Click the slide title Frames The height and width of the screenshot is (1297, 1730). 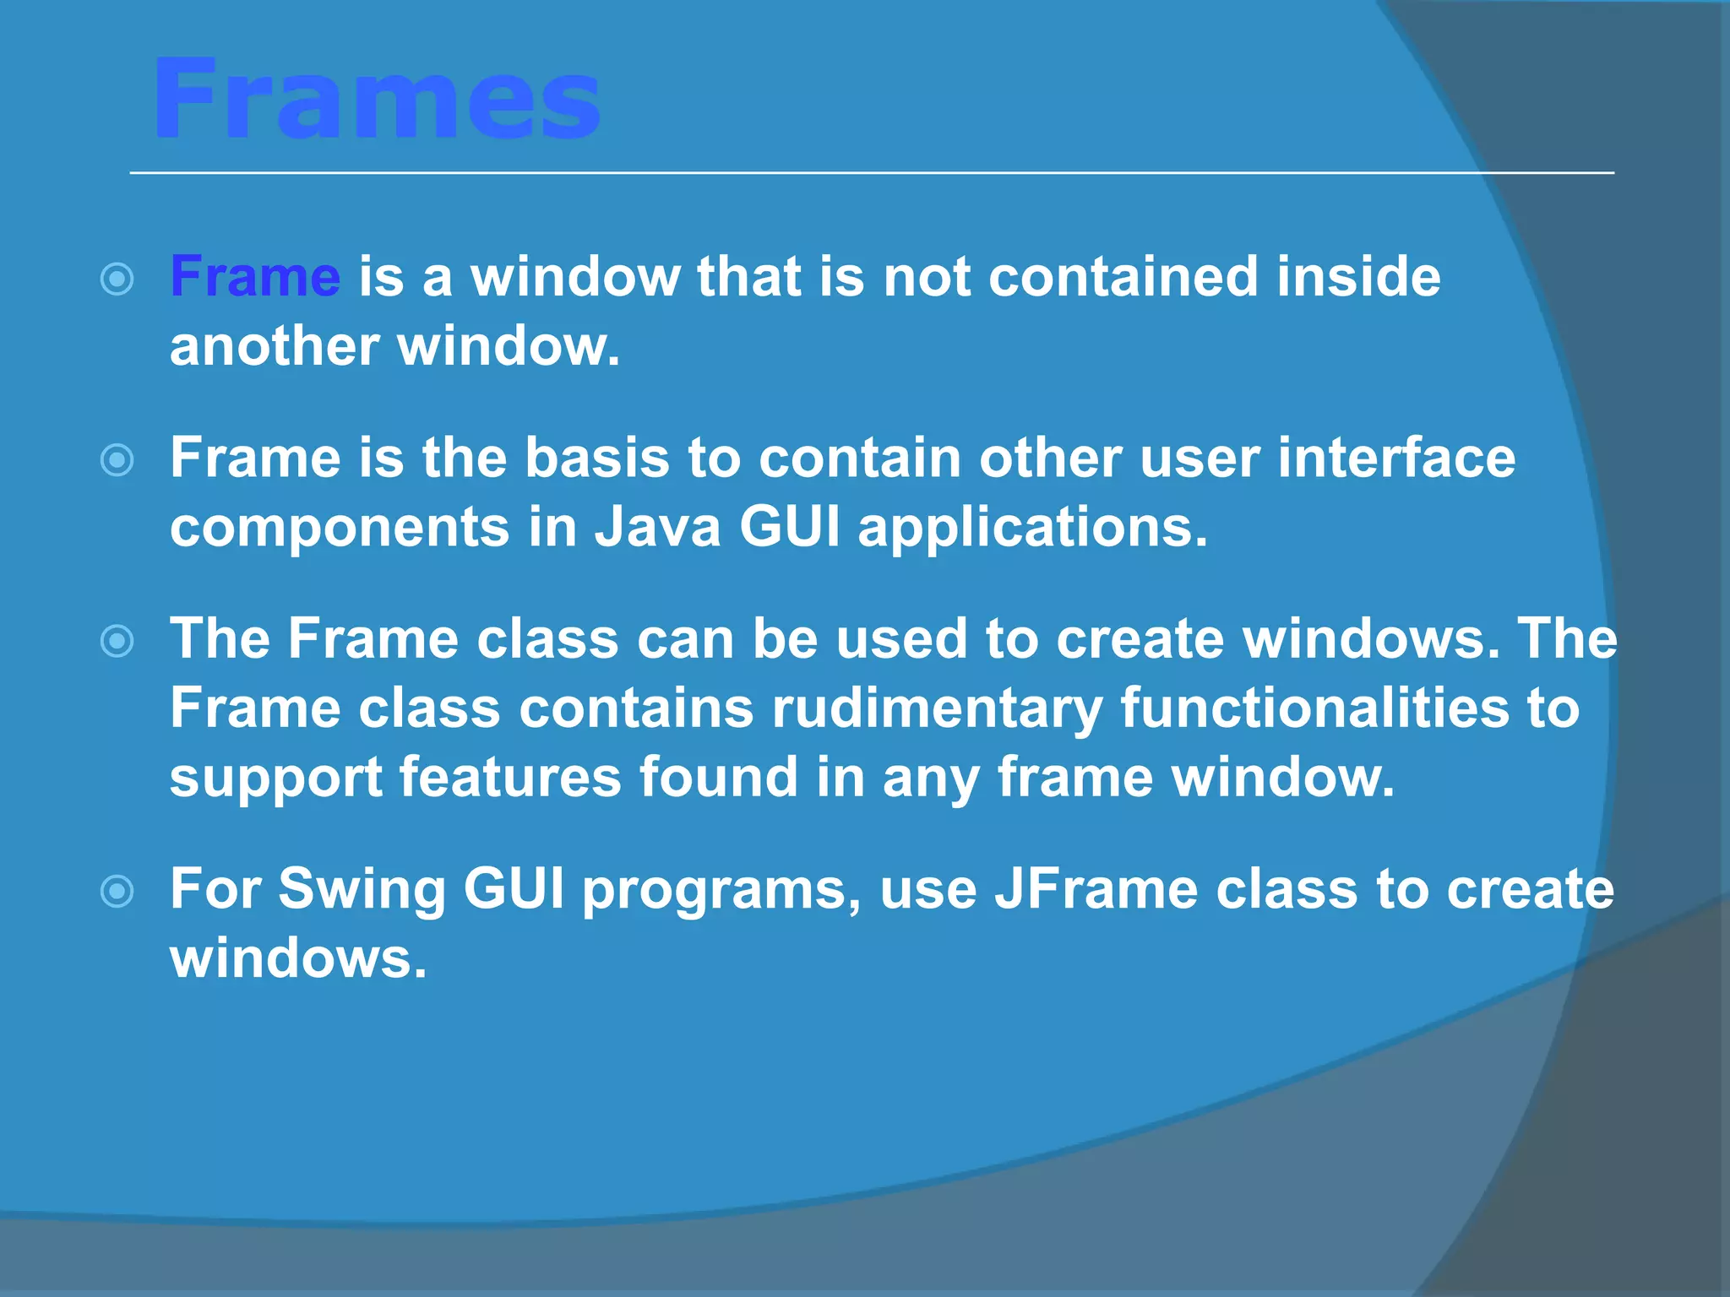[x=376, y=100]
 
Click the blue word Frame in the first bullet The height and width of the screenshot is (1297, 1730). [x=255, y=277]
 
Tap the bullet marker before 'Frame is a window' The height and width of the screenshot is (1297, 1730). [x=117, y=279]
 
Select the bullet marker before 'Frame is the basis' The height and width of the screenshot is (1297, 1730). [x=117, y=460]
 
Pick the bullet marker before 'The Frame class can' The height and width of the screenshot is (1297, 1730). [x=117, y=641]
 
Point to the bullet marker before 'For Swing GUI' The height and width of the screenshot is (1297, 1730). [x=117, y=892]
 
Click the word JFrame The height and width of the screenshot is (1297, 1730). [x=1096, y=889]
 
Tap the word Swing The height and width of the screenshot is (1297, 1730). [x=362, y=889]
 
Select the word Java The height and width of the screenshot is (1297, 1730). [x=657, y=528]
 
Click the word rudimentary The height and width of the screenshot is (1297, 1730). [x=937, y=708]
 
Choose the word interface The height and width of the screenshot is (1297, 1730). [x=1396, y=459]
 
